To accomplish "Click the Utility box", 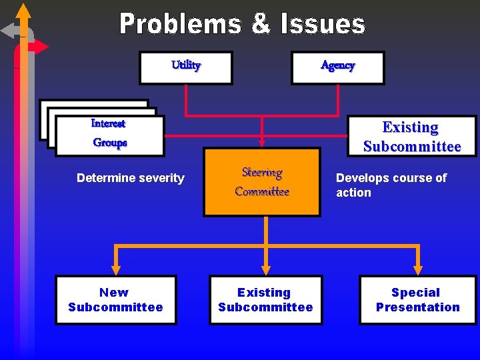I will coord(185,67).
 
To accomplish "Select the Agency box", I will coord(337,67).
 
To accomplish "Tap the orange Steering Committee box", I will coord(262,182).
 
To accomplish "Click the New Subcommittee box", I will coord(115,300).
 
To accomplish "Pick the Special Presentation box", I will coord(418,300).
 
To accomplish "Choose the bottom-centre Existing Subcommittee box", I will coord(265,300).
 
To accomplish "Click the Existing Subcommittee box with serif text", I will coord(411,137).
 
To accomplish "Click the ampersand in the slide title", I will coord(260,25).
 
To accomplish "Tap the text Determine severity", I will coord(130,178).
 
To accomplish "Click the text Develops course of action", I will coord(391,185).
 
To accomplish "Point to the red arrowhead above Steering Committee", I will coord(262,141).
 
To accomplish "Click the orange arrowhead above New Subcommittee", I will coord(116,269).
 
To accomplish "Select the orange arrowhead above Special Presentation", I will coord(418,269).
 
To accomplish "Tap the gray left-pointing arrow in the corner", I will coord(9,31).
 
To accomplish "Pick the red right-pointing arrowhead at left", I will coord(40,47).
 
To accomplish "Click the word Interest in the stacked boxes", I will coord(108,123).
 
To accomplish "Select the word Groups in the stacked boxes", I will coord(110,143).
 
